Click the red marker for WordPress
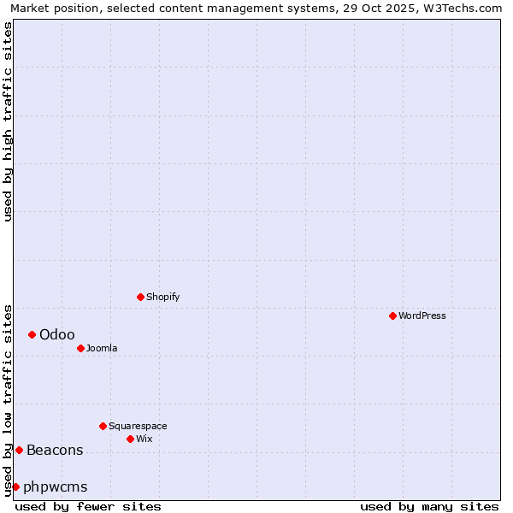click(392, 315)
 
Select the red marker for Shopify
click(141, 297)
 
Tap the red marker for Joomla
click(80, 348)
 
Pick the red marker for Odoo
click(32, 334)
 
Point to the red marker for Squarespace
click(103, 426)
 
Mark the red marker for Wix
click(130, 439)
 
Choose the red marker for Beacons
click(19, 450)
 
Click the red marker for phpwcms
click(15, 486)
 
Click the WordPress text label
click(422, 315)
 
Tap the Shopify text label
click(163, 297)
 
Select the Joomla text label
click(102, 348)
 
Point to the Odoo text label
click(57, 334)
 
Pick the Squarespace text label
click(138, 426)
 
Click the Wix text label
click(144, 439)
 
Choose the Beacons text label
click(55, 450)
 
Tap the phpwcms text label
click(56, 486)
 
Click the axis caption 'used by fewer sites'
click(88, 506)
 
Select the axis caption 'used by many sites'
click(429, 506)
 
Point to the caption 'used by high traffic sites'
click(9, 121)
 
